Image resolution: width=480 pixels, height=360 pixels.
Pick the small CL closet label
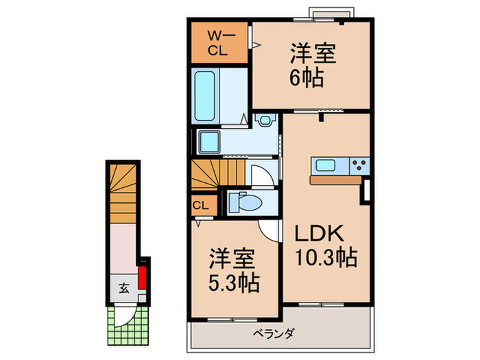[200, 205]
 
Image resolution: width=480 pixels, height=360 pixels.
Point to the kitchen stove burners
[359, 165]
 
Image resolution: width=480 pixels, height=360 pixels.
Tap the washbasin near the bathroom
[264, 120]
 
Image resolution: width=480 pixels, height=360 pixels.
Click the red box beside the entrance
[143, 278]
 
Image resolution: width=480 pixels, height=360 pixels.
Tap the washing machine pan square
[208, 142]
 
